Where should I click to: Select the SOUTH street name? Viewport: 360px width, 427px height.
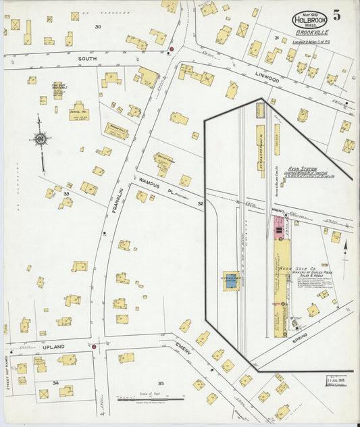coord(87,59)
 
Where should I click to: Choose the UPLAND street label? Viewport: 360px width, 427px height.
coord(53,347)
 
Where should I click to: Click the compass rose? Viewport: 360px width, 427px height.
coord(40,139)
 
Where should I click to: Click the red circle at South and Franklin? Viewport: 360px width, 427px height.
coord(172,50)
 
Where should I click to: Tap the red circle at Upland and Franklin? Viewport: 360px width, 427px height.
coord(94,347)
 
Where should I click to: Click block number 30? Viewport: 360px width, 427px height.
coord(98,27)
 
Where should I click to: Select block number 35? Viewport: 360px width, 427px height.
coord(161,383)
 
